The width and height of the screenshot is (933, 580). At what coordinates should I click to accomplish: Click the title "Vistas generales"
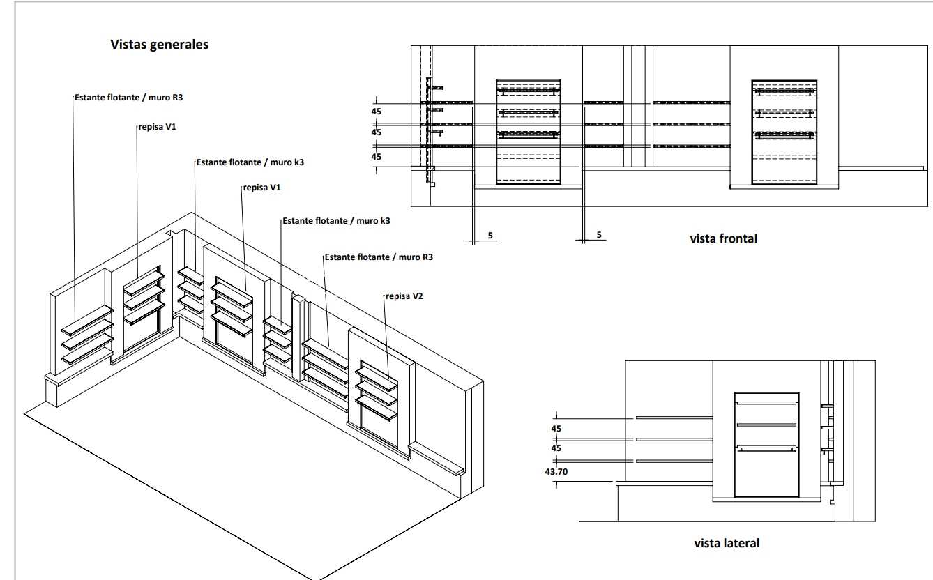coord(160,45)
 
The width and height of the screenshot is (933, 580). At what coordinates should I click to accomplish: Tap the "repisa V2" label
coord(404,296)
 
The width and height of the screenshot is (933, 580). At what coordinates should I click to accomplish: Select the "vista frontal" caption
coord(724,238)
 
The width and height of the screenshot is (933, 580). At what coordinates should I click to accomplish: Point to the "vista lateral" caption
coord(727,543)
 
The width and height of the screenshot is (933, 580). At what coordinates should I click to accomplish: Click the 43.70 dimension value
coord(556,472)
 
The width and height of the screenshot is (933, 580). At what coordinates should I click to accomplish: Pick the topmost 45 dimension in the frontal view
coord(376,111)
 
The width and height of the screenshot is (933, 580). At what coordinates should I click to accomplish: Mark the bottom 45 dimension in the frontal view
coord(376,157)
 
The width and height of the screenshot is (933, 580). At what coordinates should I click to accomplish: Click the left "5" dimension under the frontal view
coord(490,235)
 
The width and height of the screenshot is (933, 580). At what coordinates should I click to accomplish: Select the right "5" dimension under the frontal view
coord(599,234)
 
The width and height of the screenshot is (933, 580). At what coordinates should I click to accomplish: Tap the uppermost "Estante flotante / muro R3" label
coord(129,98)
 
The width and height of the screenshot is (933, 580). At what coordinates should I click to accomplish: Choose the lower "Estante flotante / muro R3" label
coord(379,257)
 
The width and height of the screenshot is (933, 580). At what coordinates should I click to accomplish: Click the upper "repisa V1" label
coord(158,127)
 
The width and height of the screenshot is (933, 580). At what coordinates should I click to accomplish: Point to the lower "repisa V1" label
coord(262,188)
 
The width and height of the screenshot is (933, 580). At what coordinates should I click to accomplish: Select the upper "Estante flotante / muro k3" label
coord(250,162)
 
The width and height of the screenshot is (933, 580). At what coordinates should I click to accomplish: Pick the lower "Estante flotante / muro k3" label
coord(336,221)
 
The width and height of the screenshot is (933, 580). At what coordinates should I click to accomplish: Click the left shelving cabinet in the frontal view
coord(529,132)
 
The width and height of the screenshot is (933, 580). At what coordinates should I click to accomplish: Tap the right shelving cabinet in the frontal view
coord(784,132)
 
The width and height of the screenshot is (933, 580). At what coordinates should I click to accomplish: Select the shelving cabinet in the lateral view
coord(767,445)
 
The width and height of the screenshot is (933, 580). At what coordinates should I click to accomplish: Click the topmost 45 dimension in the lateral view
coord(556,429)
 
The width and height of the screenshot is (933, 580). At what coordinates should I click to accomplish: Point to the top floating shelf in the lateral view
coord(674,417)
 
